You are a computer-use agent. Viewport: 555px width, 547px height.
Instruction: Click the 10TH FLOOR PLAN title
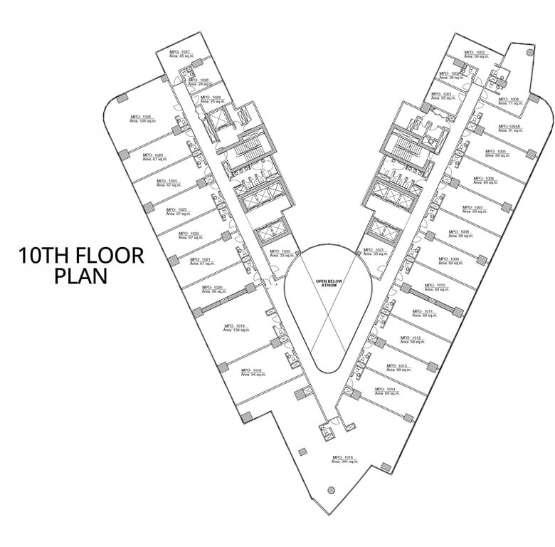point(81,265)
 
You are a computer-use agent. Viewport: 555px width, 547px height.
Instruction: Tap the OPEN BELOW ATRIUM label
point(329,283)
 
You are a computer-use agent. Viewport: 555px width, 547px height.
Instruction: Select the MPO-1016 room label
point(343,457)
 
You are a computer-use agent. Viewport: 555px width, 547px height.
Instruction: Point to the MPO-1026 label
point(141,117)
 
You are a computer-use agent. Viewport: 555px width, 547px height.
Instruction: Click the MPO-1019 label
point(236,325)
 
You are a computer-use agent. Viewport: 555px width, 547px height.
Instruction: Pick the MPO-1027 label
point(180,52)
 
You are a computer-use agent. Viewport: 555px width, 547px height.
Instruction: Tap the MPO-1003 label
point(475,52)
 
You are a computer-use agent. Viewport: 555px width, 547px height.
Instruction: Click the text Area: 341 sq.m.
point(345,462)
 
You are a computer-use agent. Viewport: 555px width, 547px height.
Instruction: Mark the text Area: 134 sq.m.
point(236,330)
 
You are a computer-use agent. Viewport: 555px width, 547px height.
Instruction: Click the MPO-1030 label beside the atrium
point(281,251)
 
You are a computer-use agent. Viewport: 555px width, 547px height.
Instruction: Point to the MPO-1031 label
point(374,249)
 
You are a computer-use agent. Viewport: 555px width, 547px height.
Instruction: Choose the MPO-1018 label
point(252,370)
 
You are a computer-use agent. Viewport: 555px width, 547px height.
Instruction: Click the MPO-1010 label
point(435,285)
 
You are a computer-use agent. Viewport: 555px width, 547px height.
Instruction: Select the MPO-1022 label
point(189,233)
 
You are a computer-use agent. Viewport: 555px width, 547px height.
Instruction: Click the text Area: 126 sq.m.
point(142,122)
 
